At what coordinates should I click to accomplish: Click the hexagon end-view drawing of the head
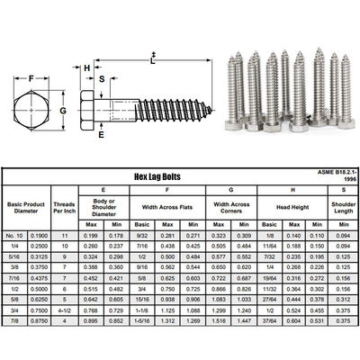(x=32, y=112)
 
